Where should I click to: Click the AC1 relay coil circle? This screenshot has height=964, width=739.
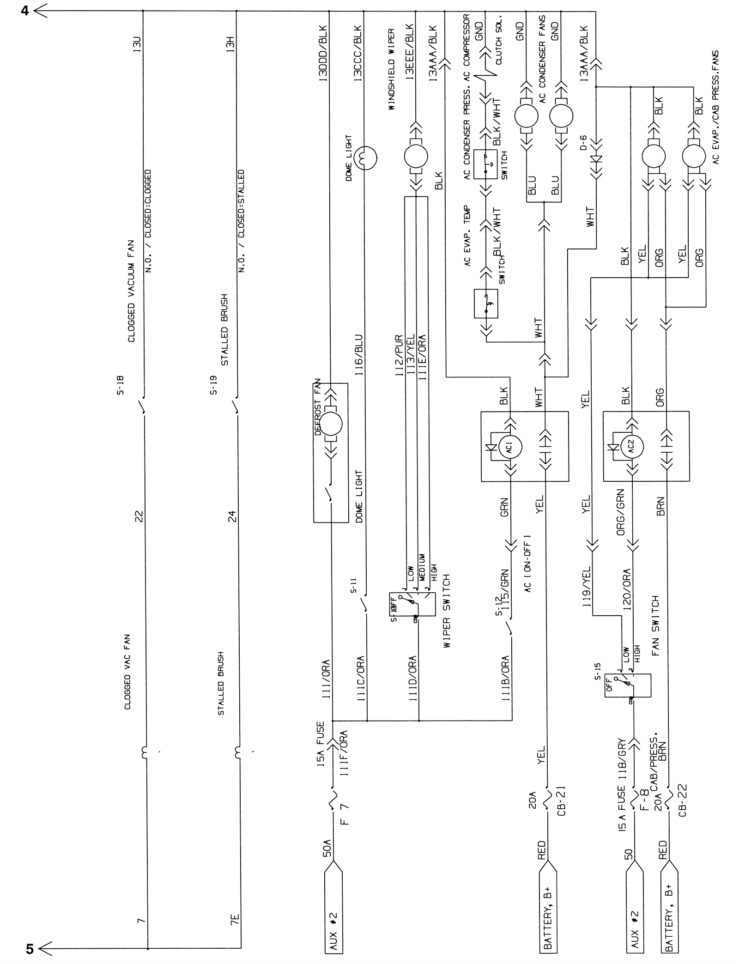pyautogui.click(x=510, y=447)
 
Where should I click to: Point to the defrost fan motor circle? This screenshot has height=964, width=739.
pyautogui.click(x=331, y=424)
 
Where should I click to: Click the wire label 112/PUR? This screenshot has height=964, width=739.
pyautogui.click(x=400, y=356)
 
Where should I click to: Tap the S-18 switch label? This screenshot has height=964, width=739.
pyautogui.click(x=121, y=385)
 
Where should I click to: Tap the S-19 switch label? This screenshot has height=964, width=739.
pyautogui.click(x=213, y=385)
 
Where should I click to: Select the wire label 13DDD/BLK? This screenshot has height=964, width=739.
pyautogui.click(x=323, y=54)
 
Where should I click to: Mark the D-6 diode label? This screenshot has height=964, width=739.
pyautogui.click(x=584, y=142)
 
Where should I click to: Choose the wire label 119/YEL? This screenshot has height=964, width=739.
pyautogui.click(x=586, y=587)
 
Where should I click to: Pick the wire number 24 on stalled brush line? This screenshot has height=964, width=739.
pyautogui.click(x=232, y=516)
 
